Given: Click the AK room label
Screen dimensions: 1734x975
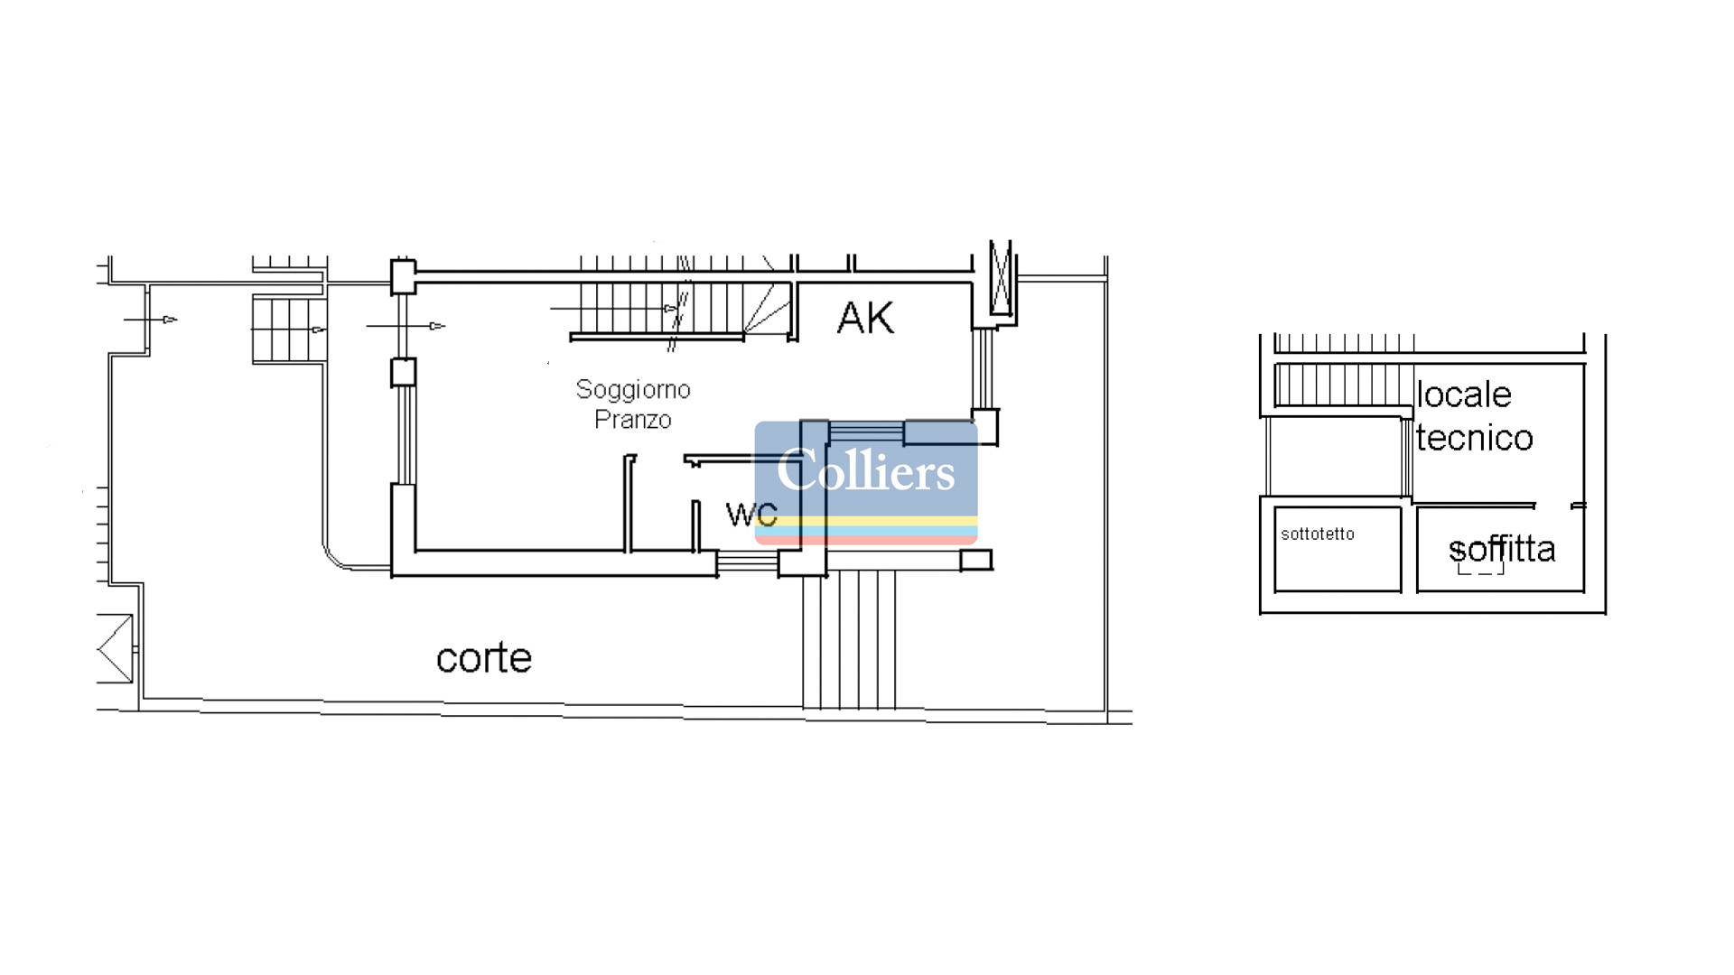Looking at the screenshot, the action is click(865, 318).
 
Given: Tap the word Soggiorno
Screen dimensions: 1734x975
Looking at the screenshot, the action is click(633, 390).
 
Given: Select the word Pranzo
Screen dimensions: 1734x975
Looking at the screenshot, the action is click(633, 420).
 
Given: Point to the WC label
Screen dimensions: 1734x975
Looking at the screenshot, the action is click(751, 515).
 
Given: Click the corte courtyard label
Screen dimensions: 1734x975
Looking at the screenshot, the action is click(484, 658).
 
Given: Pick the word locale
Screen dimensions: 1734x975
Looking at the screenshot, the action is click(1464, 395).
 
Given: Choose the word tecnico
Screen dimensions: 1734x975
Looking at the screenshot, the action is click(1475, 438).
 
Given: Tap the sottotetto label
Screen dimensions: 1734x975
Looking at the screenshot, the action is click(1318, 534).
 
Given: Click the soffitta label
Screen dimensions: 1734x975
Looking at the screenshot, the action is click(1502, 548).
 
